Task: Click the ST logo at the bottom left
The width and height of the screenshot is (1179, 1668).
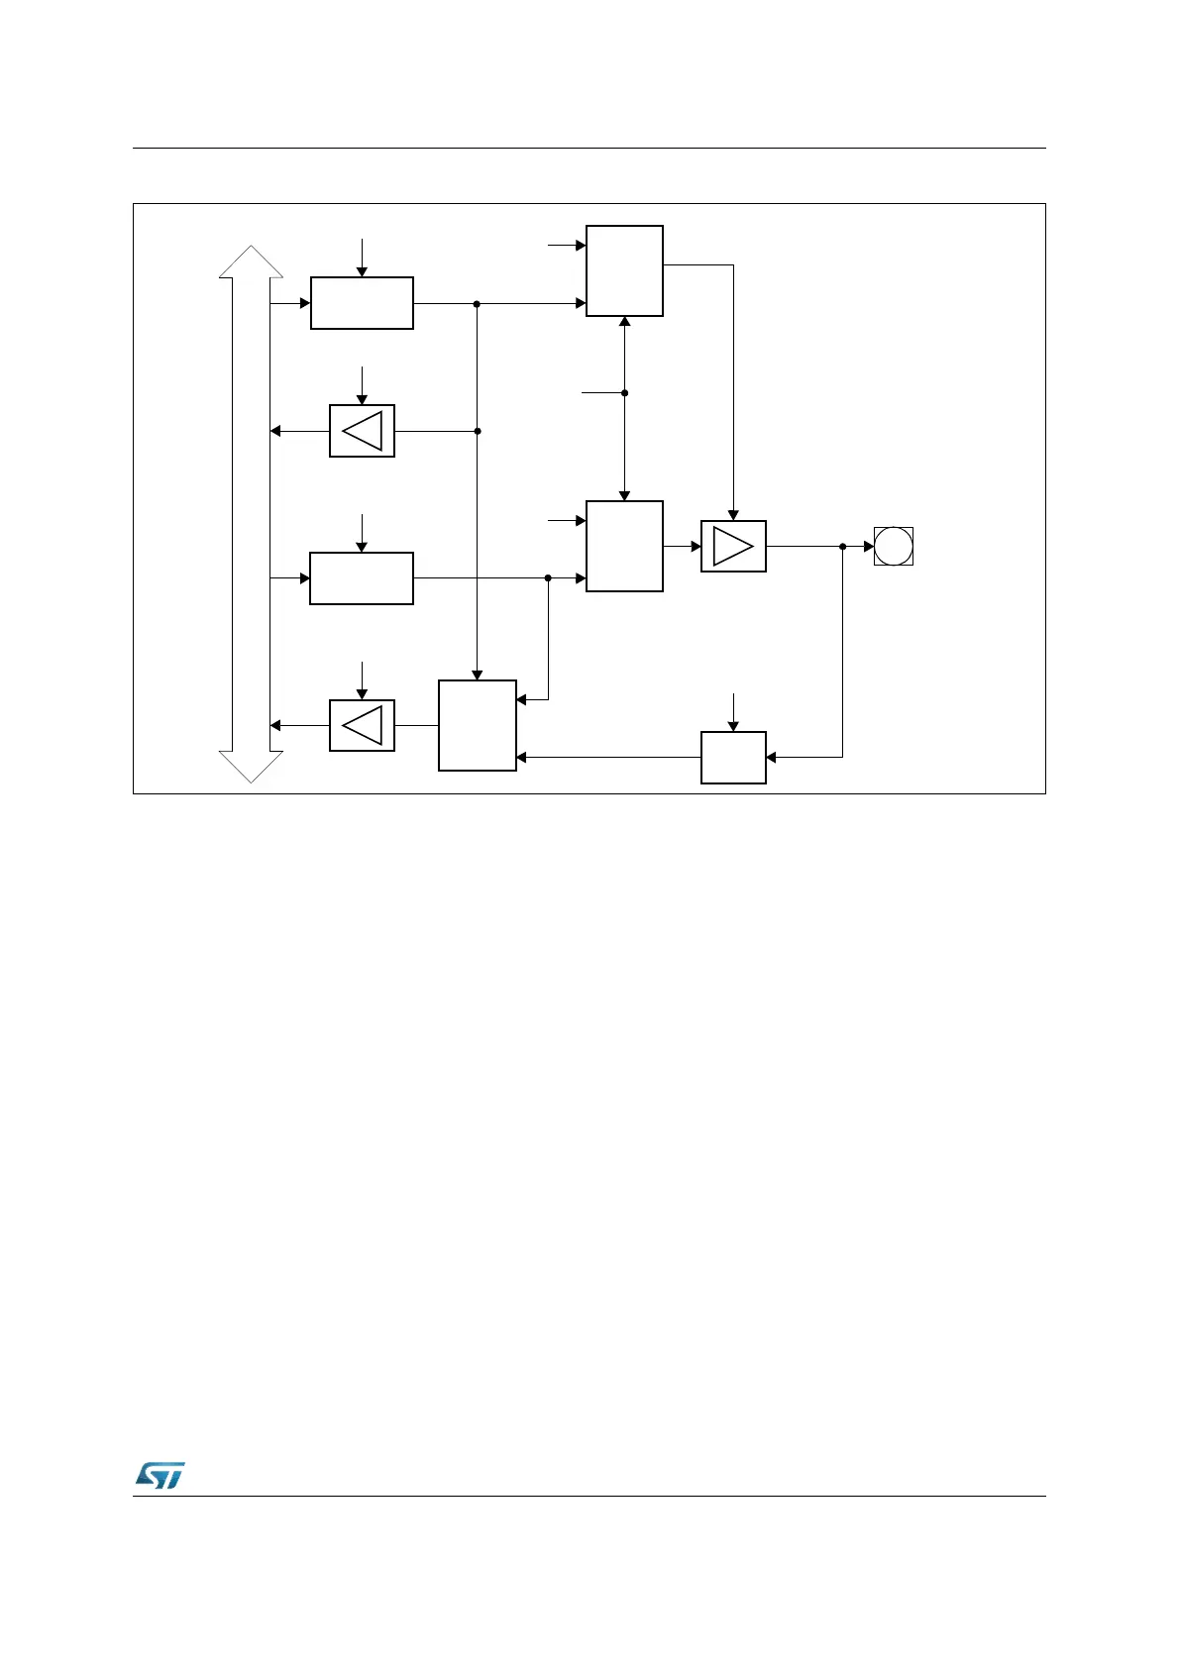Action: pyautogui.click(x=159, y=1475)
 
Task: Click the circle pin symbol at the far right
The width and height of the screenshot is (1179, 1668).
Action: pyautogui.click(x=893, y=546)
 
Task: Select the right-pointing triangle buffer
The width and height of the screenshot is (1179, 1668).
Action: pyautogui.click(x=733, y=546)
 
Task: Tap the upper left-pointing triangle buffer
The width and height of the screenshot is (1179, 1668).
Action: pyautogui.click(x=362, y=431)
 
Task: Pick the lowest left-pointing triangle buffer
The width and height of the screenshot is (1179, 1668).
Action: pyautogui.click(x=362, y=725)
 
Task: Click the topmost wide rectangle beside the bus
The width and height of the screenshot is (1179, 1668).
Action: pyautogui.click(x=362, y=303)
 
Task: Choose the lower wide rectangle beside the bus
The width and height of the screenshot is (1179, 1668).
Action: pyautogui.click(x=362, y=578)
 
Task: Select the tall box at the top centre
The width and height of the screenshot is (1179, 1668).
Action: pyautogui.click(x=624, y=270)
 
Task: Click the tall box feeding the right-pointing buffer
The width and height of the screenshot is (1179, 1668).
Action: pyautogui.click(x=624, y=546)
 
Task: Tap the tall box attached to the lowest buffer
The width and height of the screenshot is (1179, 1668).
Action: pyautogui.click(x=478, y=725)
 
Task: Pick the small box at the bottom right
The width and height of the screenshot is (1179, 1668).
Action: pyautogui.click(x=733, y=758)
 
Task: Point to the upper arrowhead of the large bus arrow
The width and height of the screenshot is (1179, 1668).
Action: pyautogui.click(x=252, y=261)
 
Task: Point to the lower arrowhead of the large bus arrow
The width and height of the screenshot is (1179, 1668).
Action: pyautogui.click(x=252, y=767)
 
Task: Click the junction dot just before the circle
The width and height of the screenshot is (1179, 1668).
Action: pyautogui.click(x=842, y=546)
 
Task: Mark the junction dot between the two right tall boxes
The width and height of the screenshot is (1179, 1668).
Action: pyautogui.click(x=624, y=393)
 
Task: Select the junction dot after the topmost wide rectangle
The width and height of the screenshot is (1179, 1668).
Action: pyautogui.click(x=478, y=303)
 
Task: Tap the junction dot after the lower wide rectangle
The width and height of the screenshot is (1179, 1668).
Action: pyautogui.click(x=548, y=578)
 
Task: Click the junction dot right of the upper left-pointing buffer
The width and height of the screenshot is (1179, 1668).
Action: pyautogui.click(x=478, y=431)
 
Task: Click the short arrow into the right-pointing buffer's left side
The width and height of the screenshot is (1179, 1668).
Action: pyautogui.click(x=684, y=546)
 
